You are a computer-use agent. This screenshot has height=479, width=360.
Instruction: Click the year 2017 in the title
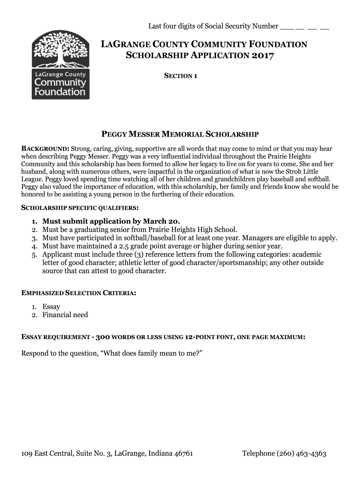(x=263, y=56)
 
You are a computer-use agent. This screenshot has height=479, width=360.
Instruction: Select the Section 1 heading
(x=180, y=76)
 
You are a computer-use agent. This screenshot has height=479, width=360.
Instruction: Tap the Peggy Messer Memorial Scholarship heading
(x=180, y=135)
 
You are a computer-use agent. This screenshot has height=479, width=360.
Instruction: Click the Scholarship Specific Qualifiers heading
(x=80, y=207)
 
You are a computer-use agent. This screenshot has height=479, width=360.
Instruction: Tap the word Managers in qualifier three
(x=258, y=238)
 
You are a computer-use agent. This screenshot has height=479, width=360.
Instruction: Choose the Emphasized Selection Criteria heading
(x=79, y=293)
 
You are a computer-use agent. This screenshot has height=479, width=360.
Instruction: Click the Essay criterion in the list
(x=51, y=306)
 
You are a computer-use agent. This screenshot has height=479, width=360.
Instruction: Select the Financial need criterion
(x=65, y=315)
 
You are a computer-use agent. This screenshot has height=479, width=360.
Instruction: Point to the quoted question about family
(x=151, y=353)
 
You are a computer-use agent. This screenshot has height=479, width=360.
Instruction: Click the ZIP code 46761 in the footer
(x=182, y=453)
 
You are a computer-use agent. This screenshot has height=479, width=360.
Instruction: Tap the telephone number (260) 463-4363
(x=301, y=453)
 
